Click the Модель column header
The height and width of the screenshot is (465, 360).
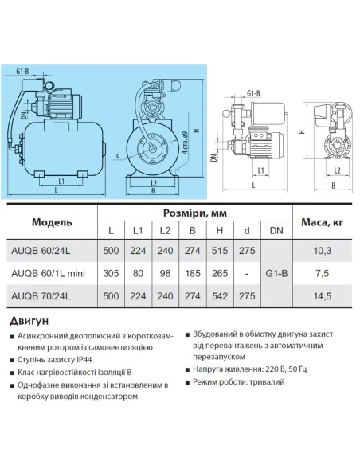(x=52, y=222)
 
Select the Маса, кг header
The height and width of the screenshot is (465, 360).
(x=322, y=222)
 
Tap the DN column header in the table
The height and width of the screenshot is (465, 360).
(x=276, y=230)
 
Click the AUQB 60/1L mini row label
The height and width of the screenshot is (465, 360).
(x=48, y=273)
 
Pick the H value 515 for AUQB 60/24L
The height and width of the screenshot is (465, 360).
(x=220, y=251)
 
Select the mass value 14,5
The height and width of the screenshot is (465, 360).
(x=323, y=296)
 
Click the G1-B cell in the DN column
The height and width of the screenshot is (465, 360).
(x=276, y=273)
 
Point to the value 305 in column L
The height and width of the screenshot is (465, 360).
(x=111, y=273)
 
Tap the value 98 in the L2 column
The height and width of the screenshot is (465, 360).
(x=165, y=273)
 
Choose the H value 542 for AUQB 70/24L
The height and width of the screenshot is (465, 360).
(x=220, y=296)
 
